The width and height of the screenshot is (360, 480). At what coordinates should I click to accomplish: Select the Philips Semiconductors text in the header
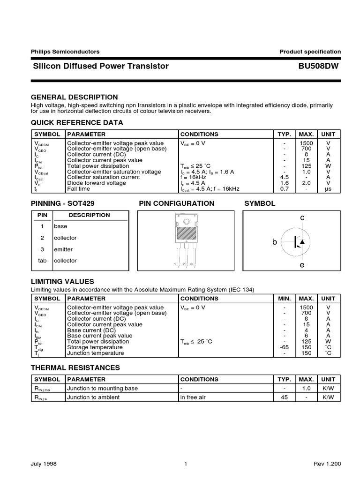65,52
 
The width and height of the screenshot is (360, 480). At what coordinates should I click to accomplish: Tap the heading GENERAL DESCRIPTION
74,97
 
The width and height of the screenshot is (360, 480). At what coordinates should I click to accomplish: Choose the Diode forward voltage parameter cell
97,183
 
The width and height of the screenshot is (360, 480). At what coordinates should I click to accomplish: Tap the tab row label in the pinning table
42,261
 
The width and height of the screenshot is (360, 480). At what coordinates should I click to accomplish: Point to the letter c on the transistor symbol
302,218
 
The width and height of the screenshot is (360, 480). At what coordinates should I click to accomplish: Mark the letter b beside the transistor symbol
275,241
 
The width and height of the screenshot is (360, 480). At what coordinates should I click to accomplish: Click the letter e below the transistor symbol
302,265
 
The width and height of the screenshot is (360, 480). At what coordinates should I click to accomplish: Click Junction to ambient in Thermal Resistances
93,397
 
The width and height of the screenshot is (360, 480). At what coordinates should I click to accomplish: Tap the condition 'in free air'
196,397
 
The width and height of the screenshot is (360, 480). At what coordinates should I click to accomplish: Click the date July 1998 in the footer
45,464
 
